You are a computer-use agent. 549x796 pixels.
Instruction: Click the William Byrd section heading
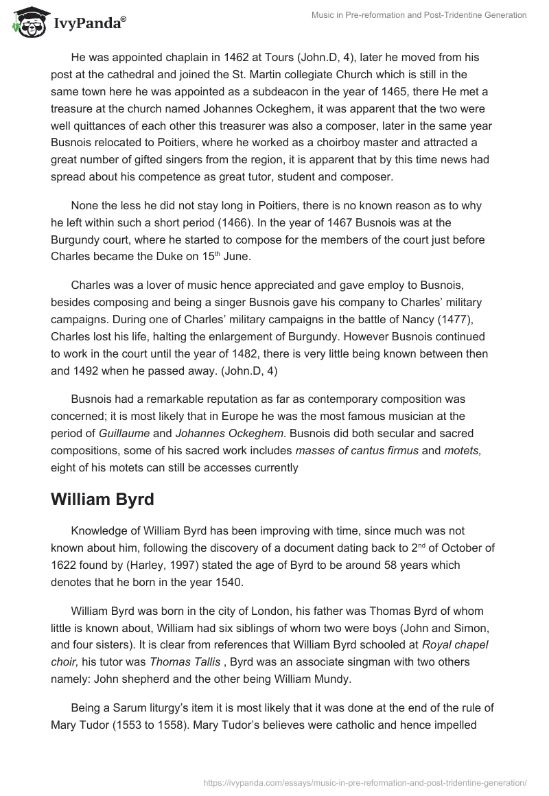(102, 500)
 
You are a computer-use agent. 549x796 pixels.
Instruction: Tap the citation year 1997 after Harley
(207, 565)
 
